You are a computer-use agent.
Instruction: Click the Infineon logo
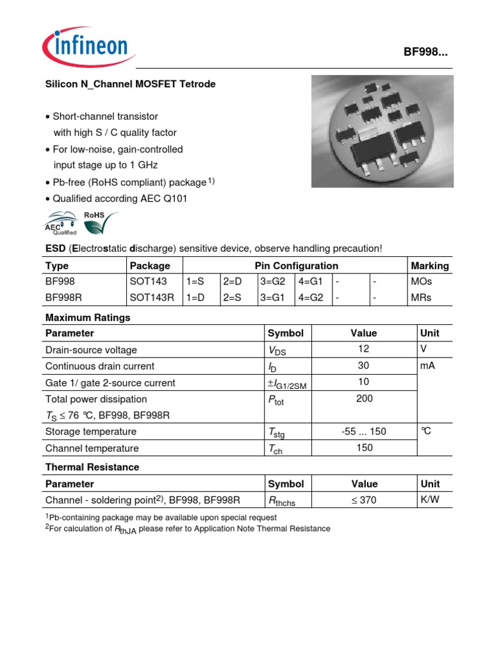click(85, 47)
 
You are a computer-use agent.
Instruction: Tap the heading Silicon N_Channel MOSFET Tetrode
click(131, 84)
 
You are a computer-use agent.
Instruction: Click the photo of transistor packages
click(382, 131)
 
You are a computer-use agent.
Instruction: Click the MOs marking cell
click(420, 281)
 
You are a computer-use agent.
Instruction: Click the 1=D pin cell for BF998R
click(197, 298)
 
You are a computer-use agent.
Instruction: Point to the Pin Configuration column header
click(296, 265)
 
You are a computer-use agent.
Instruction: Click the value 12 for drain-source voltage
click(364, 350)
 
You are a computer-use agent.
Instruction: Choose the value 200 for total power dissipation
click(364, 398)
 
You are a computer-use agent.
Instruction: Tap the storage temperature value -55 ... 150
click(364, 432)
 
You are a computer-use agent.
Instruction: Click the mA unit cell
click(428, 366)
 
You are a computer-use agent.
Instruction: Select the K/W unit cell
click(429, 500)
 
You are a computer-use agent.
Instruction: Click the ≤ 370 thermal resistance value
click(364, 500)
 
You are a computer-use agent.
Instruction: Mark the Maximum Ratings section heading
click(88, 318)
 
